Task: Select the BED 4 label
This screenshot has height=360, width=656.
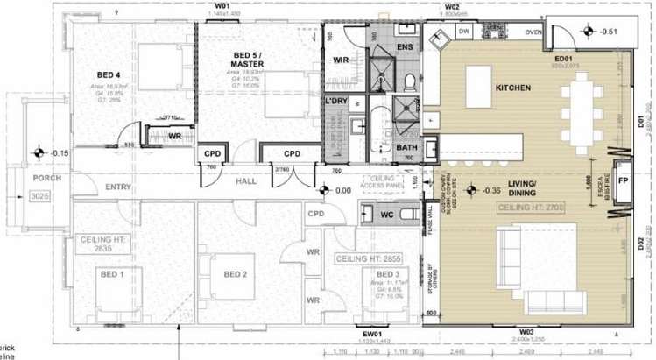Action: [109, 75]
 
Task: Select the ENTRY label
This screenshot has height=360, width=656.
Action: [117, 187]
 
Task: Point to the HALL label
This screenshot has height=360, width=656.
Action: [245, 182]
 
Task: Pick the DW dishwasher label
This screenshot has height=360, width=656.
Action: [465, 32]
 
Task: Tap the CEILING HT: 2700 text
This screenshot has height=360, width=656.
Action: [533, 208]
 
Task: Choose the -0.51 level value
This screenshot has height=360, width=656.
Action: [608, 32]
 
